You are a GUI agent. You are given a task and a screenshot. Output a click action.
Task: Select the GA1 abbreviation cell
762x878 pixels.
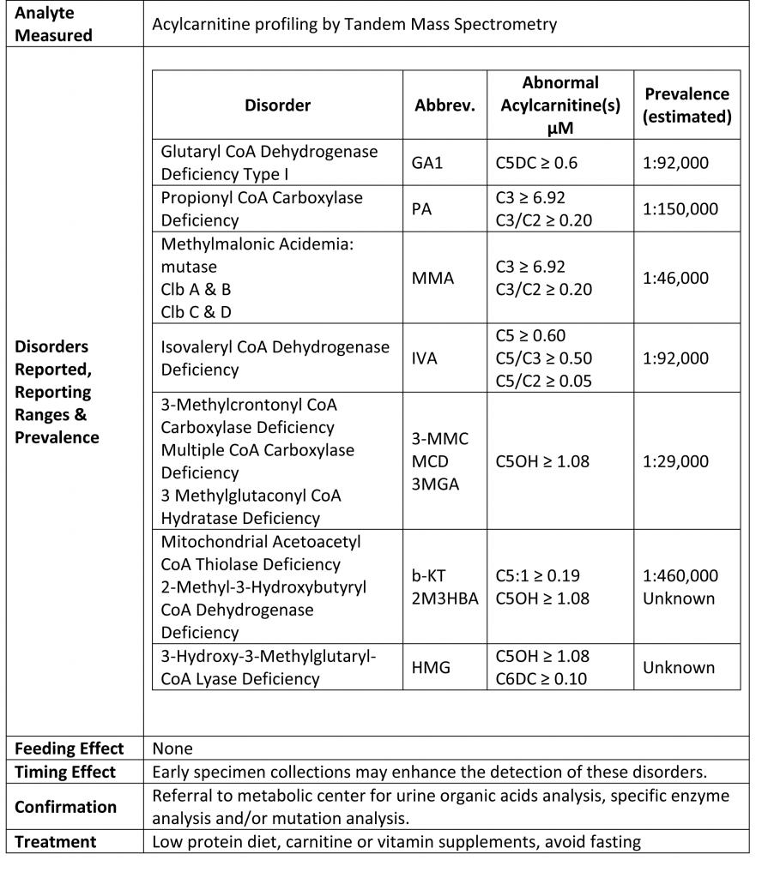(429, 162)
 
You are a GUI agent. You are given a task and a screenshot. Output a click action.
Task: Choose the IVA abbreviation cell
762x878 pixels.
(426, 358)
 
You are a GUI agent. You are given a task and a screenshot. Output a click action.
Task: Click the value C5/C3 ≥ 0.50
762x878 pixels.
(544, 358)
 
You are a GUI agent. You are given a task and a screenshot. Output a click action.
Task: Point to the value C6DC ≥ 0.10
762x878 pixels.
(542, 679)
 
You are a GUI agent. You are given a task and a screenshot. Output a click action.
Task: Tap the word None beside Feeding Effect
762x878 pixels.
(172, 749)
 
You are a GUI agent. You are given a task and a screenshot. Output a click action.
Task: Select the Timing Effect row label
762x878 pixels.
(65, 772)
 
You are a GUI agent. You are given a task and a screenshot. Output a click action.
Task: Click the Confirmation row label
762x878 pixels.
(65, 807)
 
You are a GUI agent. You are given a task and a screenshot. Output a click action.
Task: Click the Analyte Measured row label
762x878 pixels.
(53, 24)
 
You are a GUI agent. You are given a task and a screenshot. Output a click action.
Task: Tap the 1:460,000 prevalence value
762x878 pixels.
(680, 575)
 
